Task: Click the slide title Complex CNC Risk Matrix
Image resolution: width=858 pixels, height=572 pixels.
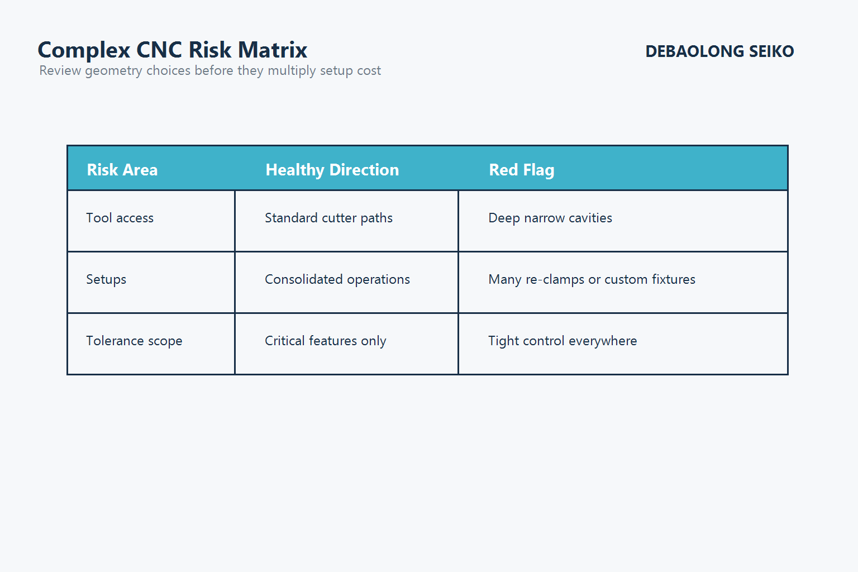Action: pyautogui.click(x=172, y=50)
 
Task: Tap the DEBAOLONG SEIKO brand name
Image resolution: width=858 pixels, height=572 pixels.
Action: pyautogui.click(x=719, y=51)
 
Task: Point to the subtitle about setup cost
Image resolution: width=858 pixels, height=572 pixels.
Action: pyautogui.click(x=210, y=71)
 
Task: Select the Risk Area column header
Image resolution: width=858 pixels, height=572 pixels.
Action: pyautogui.click(x=122, y=170)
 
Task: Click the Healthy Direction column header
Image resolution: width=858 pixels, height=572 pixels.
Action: pyautogui.click(x=332, y=170)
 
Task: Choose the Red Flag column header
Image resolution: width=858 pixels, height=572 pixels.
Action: pyautogui.click(x=521, y=170)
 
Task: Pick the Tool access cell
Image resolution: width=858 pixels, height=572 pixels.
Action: pyautogui.click(x=120, y=218)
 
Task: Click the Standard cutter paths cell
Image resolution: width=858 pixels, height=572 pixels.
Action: pyautogui.click(x=328, y=218)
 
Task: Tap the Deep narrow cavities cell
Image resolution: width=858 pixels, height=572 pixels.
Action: pyautogui.click(x=550, y=218)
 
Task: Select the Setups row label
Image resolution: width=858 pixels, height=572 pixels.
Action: pyautogui.click(x=106, y=280)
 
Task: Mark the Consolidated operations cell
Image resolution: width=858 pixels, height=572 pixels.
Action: pyautogui.click(x=337, y=280)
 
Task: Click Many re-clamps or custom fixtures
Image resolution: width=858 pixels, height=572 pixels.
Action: pyautogui.click(x=592, y=280)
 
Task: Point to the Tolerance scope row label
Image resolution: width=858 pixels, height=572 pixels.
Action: pyautogui.click(x=134, y=341)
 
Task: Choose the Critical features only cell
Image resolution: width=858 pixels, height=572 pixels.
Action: pyautogui.click(x=325, y=341)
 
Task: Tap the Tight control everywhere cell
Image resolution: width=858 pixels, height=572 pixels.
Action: pyautogui.click(x=562, y=341)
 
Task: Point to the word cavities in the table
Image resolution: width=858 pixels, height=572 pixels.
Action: pyautogui.click(x=590, y=218)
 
